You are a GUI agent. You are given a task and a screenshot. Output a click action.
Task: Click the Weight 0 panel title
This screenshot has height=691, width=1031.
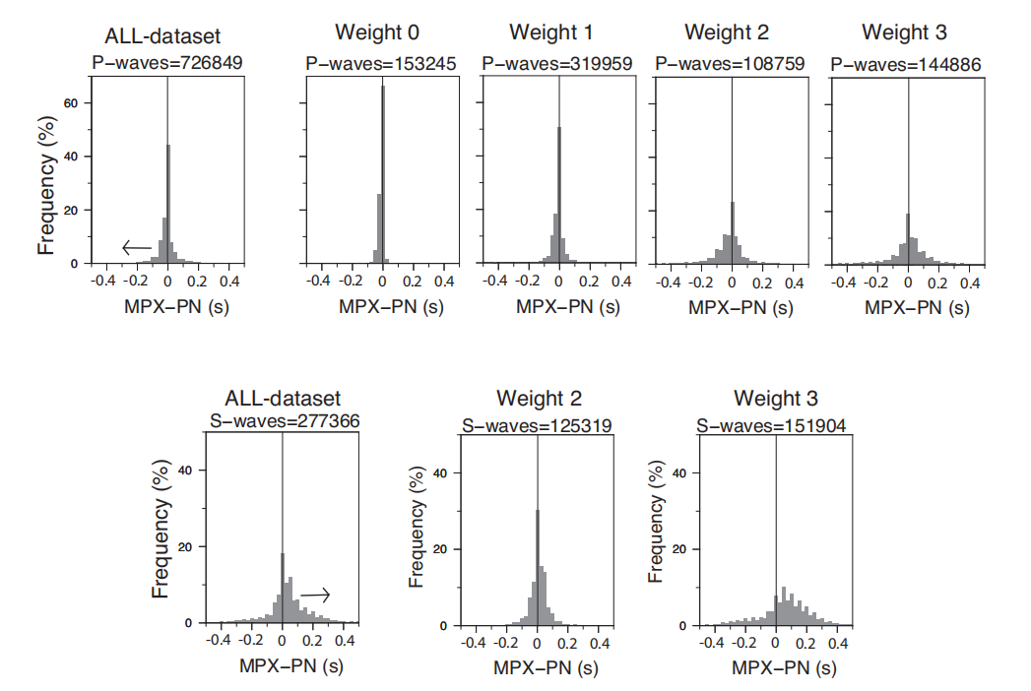(369, 32)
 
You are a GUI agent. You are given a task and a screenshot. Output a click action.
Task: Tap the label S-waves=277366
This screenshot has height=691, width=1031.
(286, 421)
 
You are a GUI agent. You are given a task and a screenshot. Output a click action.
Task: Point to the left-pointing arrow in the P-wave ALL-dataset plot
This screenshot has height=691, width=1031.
(137, 247)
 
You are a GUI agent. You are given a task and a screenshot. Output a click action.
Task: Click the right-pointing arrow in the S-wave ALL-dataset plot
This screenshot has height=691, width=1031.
(315, 595)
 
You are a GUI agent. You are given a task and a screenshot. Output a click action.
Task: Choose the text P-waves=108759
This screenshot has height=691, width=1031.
(730, 64)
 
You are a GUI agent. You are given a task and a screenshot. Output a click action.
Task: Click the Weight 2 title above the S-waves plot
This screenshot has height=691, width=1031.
(539, 399)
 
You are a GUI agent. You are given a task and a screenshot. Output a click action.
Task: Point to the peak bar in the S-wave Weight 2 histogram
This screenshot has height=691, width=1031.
(538, 566)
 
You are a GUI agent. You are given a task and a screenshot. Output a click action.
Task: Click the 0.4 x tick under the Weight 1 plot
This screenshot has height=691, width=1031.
(620, 282)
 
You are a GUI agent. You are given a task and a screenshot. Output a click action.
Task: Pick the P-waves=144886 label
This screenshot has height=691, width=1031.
(906, 64)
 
